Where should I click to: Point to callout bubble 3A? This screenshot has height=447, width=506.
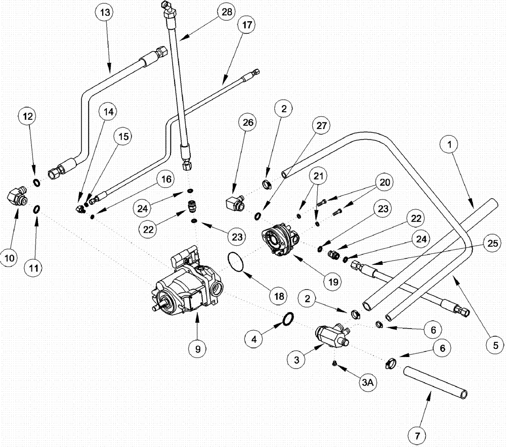click(x=368, y=383)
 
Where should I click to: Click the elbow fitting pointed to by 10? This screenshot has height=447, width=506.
click(x=17, y=197)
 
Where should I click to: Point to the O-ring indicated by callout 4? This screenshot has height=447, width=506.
click(x=288, y=318)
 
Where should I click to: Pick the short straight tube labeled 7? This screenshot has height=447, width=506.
click(x=435, y=383)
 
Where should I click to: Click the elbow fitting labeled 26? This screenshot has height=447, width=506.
click(x=233, y=203)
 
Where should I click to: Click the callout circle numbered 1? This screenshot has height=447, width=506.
click(x=448, y=145)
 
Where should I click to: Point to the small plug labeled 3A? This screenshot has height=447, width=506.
click(x=334, y=363)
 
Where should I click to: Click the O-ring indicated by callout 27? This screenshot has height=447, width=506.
click(x=258, y=217)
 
